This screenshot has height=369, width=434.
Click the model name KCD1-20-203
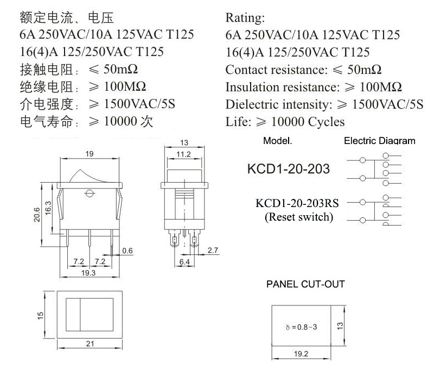(x=289, y=169)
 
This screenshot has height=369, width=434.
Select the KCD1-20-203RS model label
(x=297, y=203)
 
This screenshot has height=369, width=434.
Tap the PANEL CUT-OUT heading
(x=305, y=284)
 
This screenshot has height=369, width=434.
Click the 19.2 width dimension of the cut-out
(x=301, y=354)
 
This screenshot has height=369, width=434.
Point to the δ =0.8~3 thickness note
(x=302, y=327)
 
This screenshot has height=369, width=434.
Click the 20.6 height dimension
(x=37, y=215)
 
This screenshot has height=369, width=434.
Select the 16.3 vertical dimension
(x=48, y=208)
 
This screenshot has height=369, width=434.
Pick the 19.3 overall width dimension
(x=88, y=273)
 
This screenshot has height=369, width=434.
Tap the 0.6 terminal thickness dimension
(x=127, y=251)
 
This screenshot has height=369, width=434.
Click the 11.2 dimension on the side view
(x=184, y=154)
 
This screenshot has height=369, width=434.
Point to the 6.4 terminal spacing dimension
(x=184, y=262)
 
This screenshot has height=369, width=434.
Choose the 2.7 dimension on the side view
(x=213, y=251)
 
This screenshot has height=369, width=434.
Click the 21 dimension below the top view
(x=90, y=344)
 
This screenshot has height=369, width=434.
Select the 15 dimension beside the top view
(x=40, y=316)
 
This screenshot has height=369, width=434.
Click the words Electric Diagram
(x=379, y=141)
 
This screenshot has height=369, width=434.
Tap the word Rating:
(x=245, y=18)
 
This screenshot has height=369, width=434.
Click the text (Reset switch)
(x=299, y=217)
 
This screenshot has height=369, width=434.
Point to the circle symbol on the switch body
(x=89, y=193)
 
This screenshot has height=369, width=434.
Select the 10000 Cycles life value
(x=308, y=122)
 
